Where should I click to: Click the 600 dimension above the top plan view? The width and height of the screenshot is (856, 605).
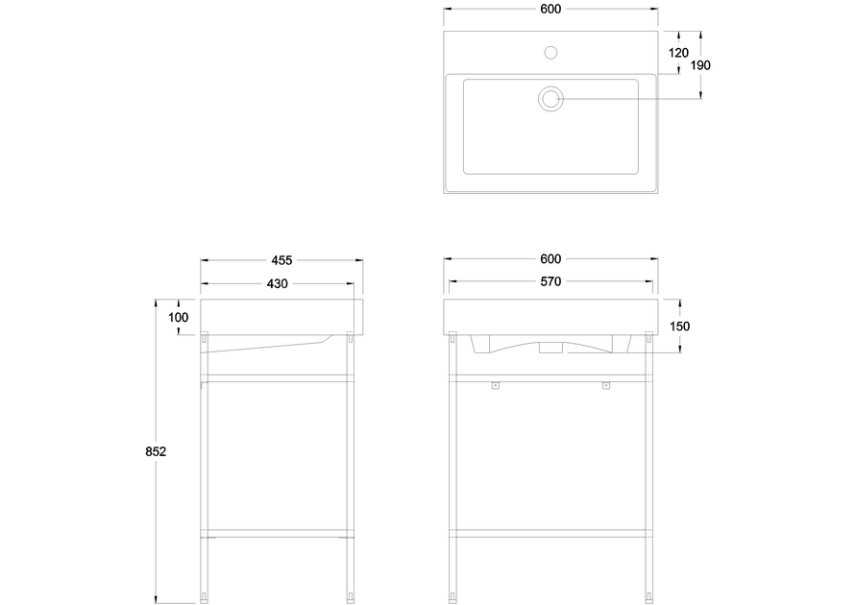tap(550, 9)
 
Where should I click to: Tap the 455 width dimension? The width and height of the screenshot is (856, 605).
tap(281, 260)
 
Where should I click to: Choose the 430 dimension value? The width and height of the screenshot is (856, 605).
tap(278, 283)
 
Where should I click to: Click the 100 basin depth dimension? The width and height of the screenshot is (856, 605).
tap(179, 317)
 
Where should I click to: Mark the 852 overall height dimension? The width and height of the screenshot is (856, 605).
tap(157, 452)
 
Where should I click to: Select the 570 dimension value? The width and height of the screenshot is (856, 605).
tap(550, 282)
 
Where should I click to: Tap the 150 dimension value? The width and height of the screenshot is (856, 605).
tap(680, 327)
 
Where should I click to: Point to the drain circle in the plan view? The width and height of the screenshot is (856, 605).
tap(550, 98)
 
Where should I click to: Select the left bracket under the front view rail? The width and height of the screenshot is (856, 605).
tap(496, 386)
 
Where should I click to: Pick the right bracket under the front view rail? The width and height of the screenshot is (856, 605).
tap(606, 386)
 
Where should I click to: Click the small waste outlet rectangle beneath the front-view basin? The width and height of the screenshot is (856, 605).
tap(550, 347)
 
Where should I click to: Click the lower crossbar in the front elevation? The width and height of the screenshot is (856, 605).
tap(550, 532)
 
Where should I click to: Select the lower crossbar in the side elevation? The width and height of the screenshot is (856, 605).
tap(278, 532)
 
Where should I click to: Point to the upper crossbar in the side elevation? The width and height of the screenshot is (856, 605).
tap(278, 377)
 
